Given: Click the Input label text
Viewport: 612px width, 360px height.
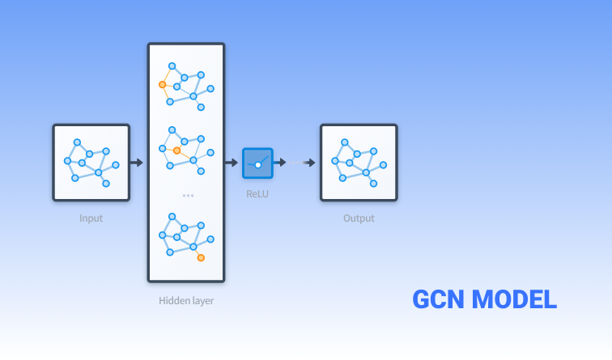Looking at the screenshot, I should (x=91, y=218).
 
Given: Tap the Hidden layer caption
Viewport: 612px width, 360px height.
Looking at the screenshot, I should (x=186, y=301).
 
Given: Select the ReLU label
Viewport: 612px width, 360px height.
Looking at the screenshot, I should (x=257, y=194).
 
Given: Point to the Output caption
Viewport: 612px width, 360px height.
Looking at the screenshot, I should (x=359, y=218).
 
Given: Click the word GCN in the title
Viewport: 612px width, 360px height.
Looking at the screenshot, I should (x=440, y=299).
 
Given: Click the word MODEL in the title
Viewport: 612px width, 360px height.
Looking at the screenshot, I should (x=515, y=299).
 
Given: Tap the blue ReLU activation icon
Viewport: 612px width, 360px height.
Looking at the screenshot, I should (x=257, y=163).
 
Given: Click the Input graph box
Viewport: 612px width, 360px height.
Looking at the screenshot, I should (x=91, y=162).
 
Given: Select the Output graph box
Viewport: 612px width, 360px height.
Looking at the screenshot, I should (x=359, y=162).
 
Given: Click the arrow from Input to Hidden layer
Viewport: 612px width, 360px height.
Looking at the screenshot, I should (x=137, y=163).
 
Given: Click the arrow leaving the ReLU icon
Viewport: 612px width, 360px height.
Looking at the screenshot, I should (x=280, y=163).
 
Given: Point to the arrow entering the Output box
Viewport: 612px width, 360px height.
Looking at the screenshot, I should (x=309, y=163).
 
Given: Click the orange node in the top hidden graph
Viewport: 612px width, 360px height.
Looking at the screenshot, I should (x=163, y=84).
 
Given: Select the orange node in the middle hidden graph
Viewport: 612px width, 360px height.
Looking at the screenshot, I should (x=176, y=150).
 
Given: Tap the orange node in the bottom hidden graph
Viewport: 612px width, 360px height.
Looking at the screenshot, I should (x=201, y=258).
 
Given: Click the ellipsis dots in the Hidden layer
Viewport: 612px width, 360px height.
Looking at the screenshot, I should (x=188, y=195).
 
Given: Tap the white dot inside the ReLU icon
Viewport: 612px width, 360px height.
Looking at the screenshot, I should (x=258, y=165).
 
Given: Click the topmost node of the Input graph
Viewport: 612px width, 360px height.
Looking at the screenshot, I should (x=78, y=142).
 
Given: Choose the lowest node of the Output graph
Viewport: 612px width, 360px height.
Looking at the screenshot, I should (x=374, y=184).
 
